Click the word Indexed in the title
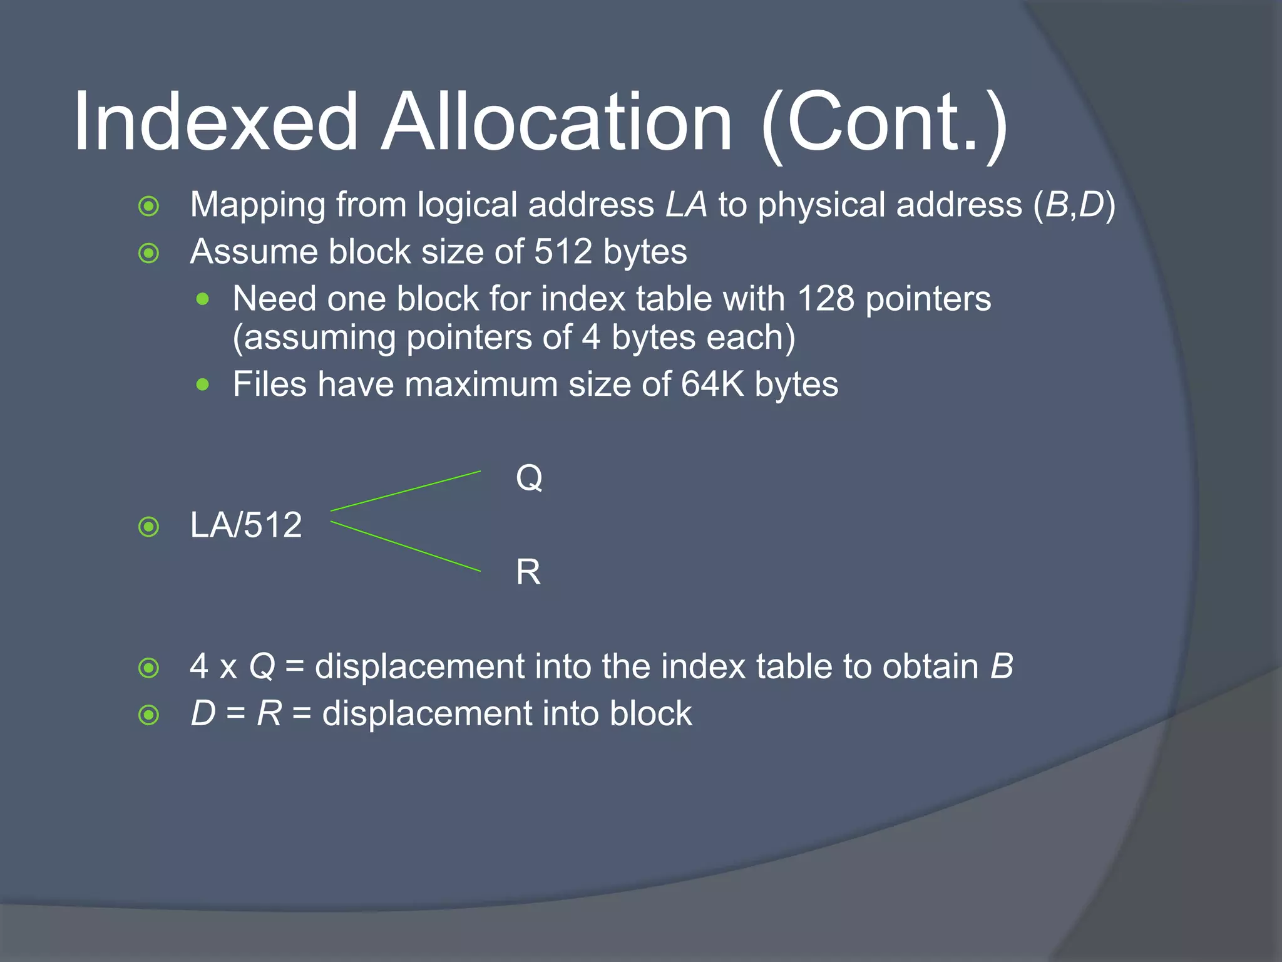(216, 122)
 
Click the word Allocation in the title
(556, 122)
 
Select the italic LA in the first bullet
(686, 205)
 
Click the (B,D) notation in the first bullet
(1074, 205)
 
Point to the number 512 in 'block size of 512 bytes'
(563, 252)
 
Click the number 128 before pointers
(825, 299)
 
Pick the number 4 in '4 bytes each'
(591, 338)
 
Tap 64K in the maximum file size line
(712, 384)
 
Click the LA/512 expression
(246, 525)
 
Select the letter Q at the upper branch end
(529, 478)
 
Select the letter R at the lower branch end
(528, 572)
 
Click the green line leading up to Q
(406, 491)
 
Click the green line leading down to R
(406, 546)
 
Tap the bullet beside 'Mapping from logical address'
(149, 206)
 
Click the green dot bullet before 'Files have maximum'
(202, 385)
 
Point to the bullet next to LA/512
(149, 527)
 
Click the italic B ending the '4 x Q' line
(1002, 666)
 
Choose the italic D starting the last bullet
(203, 714)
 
